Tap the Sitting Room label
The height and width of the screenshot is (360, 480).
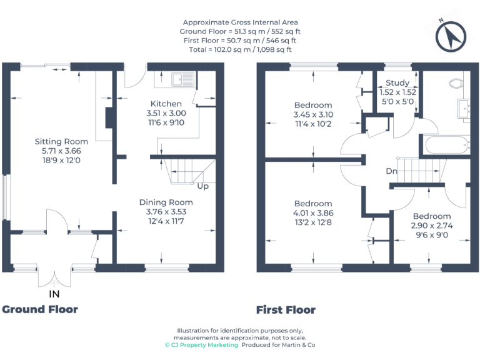[61, 141]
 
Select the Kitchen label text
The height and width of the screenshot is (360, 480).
[166, 104]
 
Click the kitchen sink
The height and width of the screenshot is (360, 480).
[181, 79]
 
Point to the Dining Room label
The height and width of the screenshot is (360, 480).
[166, 202]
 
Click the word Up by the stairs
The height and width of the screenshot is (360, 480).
[202, 186]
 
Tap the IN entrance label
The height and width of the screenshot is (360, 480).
[56, 293]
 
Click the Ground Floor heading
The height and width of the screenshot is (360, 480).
[40, 309]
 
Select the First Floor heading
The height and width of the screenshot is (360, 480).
[286, 310]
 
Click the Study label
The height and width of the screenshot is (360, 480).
[397, 83]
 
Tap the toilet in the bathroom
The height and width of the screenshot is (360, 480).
[456, 83]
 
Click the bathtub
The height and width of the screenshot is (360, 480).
[446, 146]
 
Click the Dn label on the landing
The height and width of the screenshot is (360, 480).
[391, 170]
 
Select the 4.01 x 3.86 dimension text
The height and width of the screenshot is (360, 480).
[313, 212]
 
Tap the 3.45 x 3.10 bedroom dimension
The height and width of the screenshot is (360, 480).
[313, 114]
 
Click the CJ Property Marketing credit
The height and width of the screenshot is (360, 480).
[201, 345]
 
